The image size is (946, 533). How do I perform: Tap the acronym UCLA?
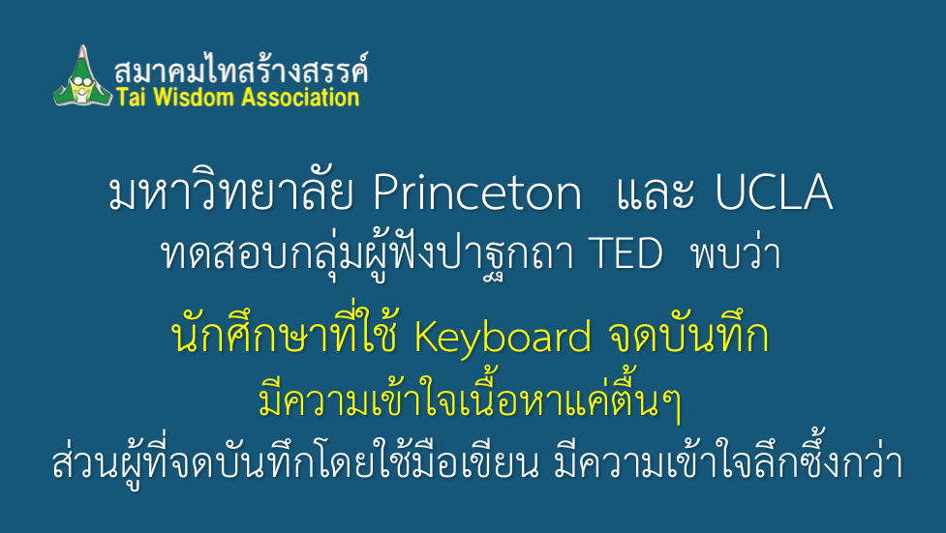point(774,192)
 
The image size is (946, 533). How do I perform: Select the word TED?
point(626,253)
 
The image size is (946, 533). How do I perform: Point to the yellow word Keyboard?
point(503,339)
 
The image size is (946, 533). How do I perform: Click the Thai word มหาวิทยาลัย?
point(231,192)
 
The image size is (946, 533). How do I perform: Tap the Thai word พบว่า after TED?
point(737,252)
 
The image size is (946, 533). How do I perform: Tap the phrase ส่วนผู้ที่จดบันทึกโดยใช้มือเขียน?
point(295,461)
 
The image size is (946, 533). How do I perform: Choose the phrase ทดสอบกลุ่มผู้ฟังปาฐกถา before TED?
point(366,253)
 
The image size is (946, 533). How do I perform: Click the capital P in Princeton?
point(385,192)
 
